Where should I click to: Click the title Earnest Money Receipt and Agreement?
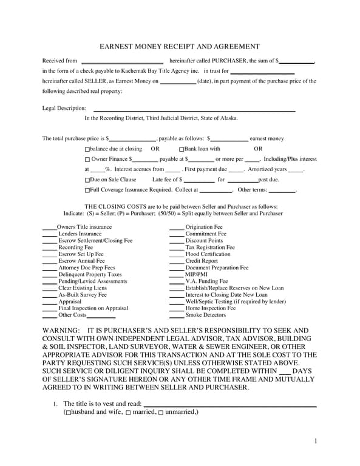[x=180, y=47]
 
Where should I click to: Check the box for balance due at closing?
[x=87, y=149]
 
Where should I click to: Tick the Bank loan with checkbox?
[x=182, y=149]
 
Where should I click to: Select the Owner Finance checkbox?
[x=87, y=160]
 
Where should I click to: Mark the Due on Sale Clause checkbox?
[x=87, y=180]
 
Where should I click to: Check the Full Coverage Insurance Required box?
[x=87, y=191]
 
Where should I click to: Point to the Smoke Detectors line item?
[x=205, y=315]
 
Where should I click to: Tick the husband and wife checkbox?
[x=68, y=413]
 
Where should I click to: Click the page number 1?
[x=316, y=441]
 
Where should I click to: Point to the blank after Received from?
[x=122, y=62]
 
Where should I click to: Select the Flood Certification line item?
[x=208, y=254]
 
